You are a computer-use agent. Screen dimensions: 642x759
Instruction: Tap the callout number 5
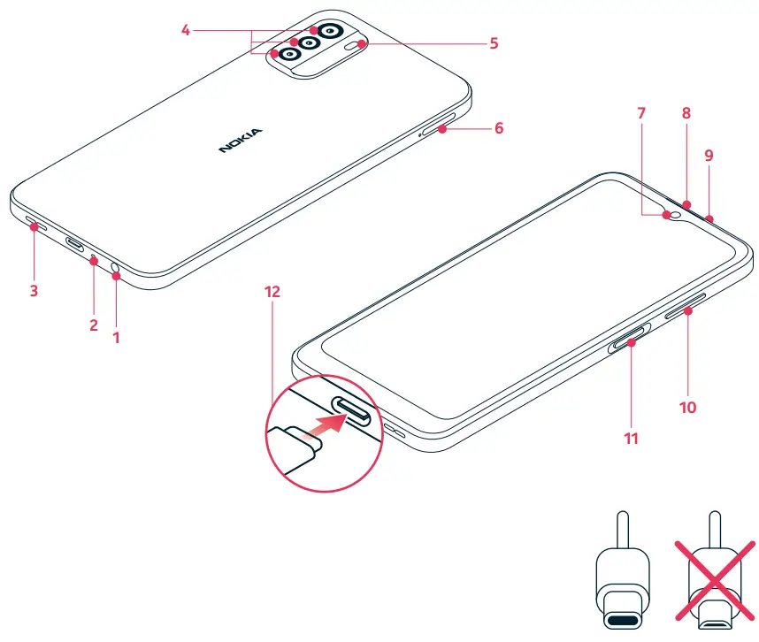pos(494,42)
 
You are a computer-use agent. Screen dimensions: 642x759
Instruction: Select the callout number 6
pos(499,128)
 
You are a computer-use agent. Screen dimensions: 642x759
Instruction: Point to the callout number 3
pos(34,290)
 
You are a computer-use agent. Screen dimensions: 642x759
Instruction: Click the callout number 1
pos(115,337)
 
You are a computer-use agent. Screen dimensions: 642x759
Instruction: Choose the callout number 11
pos(630,437)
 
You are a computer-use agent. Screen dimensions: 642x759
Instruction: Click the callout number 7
pos(641,113)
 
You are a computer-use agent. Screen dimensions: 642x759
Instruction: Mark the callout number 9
pos(708,156)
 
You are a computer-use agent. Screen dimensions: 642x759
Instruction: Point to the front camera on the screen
pos(678,213)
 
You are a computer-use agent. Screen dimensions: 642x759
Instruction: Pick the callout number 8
pos(686,113)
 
